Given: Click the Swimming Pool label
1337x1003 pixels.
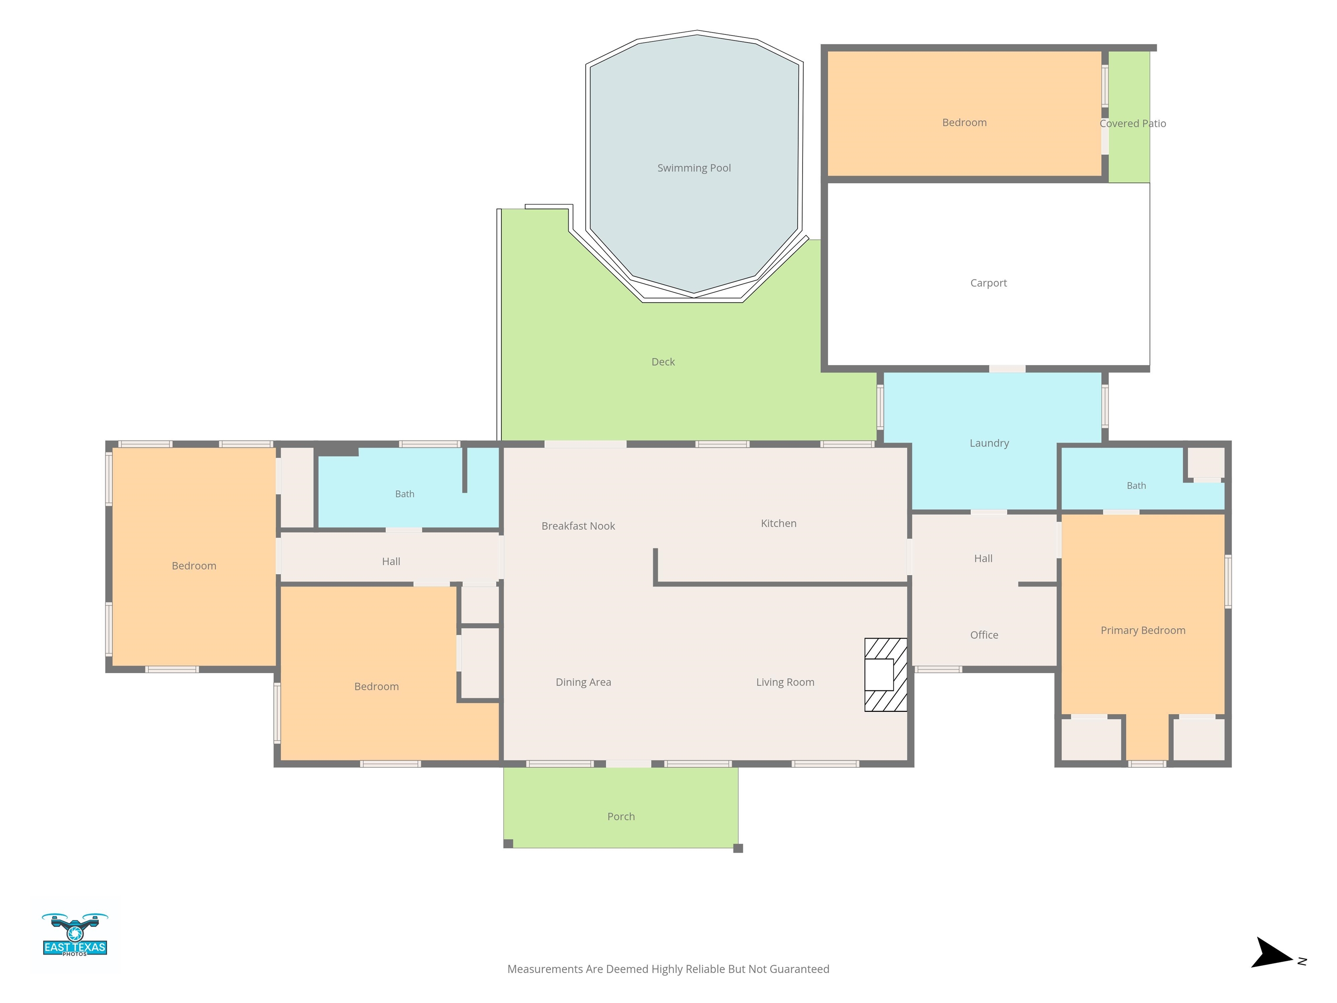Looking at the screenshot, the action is pos(694,168).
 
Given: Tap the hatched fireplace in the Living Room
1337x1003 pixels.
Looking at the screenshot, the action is pos(886,675).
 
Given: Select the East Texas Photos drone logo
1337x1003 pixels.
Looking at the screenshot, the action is pos(75,935).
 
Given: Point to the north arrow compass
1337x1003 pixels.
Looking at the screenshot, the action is pos(1274,953).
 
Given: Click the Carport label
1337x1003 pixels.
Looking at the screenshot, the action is pos(988,283).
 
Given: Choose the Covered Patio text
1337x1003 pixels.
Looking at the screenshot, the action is pos(1133,123).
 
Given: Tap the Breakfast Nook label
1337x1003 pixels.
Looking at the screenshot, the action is pos(578,526).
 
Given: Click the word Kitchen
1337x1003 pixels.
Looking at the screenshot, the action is pos(779,524).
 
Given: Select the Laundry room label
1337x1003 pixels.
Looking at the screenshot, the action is pos(989,443).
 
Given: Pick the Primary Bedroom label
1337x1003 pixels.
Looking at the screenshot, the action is pos(1143,631).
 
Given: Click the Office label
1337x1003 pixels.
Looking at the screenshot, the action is pos(984,635).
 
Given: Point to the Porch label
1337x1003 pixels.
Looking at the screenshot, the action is pos(621,816).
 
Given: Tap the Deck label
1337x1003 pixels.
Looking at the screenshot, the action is pos(663,362).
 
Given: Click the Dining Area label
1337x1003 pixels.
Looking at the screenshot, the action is pos(583,683).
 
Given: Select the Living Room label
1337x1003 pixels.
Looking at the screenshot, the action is pos(785,683).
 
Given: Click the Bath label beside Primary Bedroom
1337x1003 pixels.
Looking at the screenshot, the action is pos(1136,485).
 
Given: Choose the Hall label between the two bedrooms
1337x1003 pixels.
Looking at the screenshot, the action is pos(391,562).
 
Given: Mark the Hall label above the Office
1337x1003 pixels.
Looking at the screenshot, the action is pos(984,559).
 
